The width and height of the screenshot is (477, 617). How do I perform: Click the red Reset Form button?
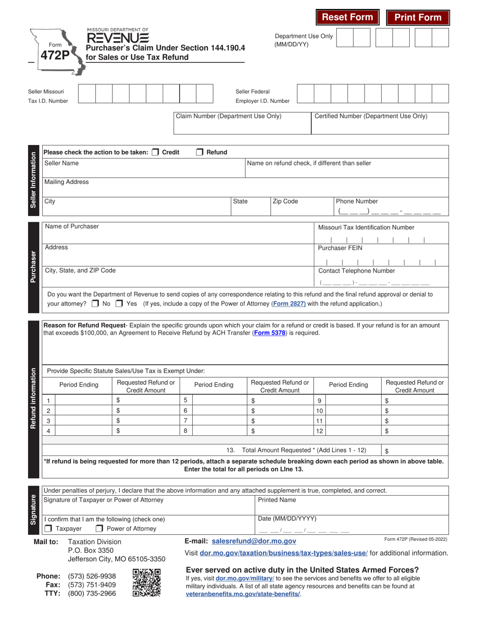(x=347, y=18)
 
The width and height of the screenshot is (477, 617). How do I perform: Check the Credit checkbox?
(x=156, y=152)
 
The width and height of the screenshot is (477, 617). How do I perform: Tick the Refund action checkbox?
(x=199, y=152)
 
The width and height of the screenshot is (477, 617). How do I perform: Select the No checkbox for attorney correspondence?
(x=95, y=303)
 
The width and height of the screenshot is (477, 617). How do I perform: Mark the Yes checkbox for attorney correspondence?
(x=119, y=303)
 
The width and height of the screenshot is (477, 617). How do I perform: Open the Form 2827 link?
(x=288, y=303)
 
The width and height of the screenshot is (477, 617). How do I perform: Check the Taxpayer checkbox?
(x=48, y=528)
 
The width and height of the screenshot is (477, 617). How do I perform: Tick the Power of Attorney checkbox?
(x=99, y=528)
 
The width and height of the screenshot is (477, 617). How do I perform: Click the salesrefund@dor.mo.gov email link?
(x=254, y=541)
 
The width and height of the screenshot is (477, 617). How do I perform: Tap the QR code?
(x=147, y=582)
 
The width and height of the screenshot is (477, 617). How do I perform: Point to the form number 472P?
(x=55, y=55)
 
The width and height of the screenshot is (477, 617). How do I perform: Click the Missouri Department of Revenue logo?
(x=117, y=36)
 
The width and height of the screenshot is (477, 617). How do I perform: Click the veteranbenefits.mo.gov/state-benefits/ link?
(x=243, y=594)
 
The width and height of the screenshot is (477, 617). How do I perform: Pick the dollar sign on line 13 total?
(x=387, y=451)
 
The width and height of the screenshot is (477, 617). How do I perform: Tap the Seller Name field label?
(x=62, y=163)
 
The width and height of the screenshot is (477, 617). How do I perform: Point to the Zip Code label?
(x=285, y=201)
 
